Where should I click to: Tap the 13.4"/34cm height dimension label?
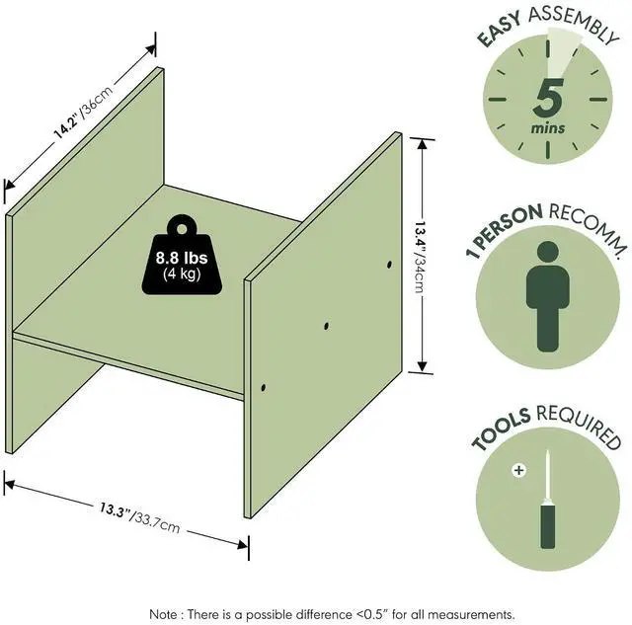coord(421,257)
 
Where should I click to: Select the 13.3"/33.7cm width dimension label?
coord(139,517)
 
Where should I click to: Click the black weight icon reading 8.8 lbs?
coord(182,255)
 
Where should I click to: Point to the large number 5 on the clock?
coord(548,98)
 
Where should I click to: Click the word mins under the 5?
coord(548,128)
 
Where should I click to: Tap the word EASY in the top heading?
coord(500,30)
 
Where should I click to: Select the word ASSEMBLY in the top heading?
coord(574,24)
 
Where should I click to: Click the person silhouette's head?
coord(548,252)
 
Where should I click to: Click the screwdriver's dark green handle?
coord(547,526)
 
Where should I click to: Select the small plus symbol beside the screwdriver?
coord(518,470)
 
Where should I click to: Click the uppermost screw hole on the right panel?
coord(389,265)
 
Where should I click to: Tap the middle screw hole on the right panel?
coord(326,326)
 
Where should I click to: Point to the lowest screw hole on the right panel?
coord(264,388)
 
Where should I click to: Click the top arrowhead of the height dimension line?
coord(422,144)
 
